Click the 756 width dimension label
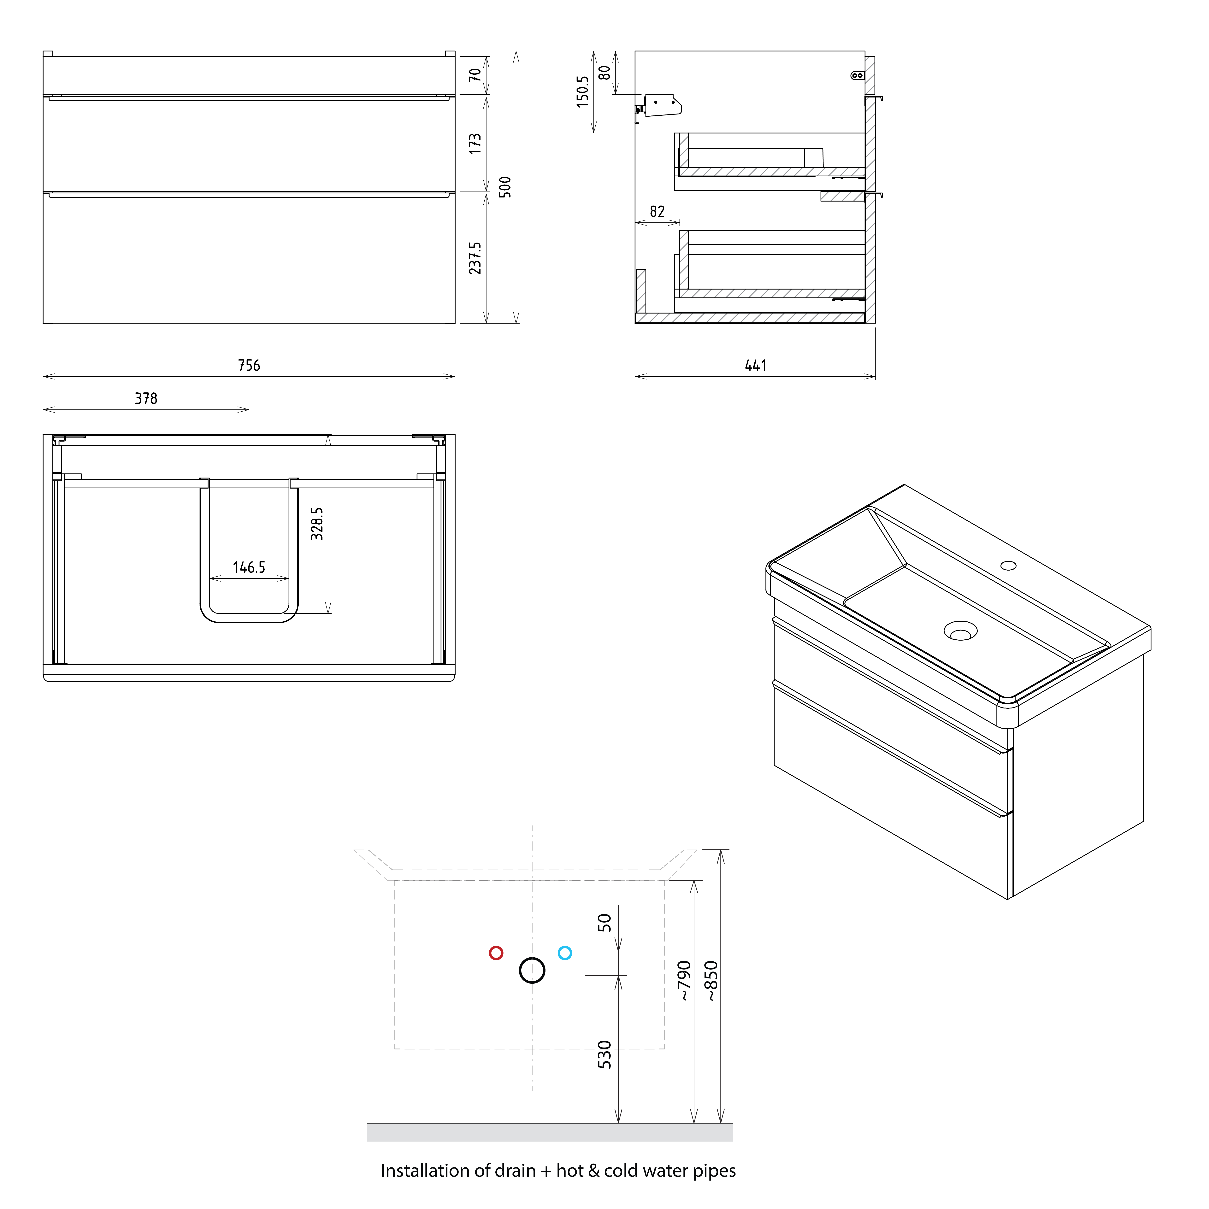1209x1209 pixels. (x=249, y=366)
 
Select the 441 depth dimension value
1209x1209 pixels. (x=755, y=366)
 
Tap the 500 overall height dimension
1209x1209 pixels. (x=505, y=187)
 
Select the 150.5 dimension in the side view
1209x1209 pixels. (x=583, y=92)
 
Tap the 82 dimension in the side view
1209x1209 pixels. (x=657, y=212)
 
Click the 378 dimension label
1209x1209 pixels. (x=146, y=399)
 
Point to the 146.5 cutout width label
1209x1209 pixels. (x=249, y=568)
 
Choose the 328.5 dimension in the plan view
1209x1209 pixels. (x=317, y=524)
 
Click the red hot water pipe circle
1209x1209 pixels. (x=496, y=953)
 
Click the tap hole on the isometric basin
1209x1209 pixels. (x=1008, y=566)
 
